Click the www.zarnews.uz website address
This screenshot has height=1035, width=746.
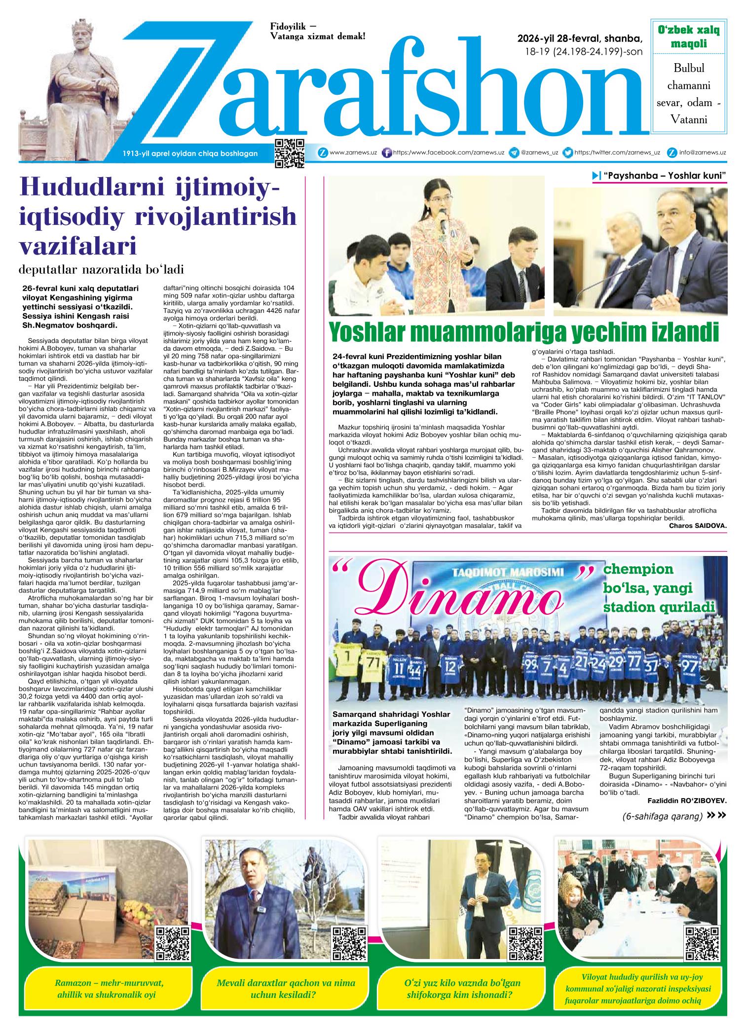[353, 153]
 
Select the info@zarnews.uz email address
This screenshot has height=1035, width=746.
[702, 153]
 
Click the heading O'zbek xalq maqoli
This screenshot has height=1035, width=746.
[689, 37]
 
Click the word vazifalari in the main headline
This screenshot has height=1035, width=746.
[77, 245]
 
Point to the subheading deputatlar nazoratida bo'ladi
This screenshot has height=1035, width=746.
[101, 270]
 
